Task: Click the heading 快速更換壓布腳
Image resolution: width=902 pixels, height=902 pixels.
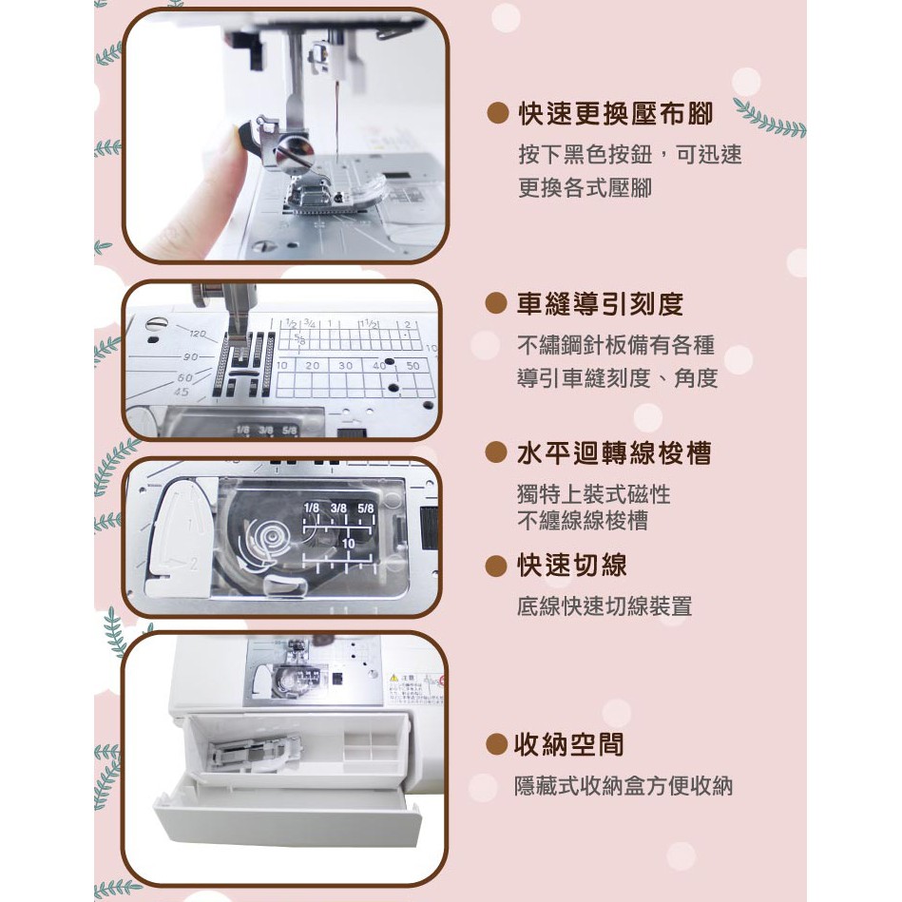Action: (x=616, y=113)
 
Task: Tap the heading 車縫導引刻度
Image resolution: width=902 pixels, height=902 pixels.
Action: (x=600, y=304)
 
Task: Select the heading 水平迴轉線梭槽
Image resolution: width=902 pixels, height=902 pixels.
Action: (x=614, y=453)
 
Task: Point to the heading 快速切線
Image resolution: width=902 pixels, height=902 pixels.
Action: (x=572, y=565)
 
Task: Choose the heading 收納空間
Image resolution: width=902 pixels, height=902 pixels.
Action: (x=569, y=744)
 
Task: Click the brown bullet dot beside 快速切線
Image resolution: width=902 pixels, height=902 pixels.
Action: (x=496, y=566)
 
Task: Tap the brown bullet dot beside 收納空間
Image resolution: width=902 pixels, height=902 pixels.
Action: (x=496, y=744)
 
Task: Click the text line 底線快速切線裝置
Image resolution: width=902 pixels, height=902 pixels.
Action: (x=604, y=606)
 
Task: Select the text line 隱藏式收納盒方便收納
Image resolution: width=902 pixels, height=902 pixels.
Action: (x=624, y=786)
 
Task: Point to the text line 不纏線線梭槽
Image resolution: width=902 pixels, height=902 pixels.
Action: (x=583, y=521)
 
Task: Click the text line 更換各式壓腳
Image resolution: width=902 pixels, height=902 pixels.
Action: (x=585, y=188)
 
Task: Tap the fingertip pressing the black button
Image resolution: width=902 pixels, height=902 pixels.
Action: (x=230, y=141)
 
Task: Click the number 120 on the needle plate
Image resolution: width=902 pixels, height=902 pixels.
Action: (x=198, y=334)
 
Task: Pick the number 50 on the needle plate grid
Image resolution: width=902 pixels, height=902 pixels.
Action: (x=413, y=365)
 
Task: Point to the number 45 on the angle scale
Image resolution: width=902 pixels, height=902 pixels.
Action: (x=182, y=392)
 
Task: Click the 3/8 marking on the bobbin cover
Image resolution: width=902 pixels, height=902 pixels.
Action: (x=338, y=508)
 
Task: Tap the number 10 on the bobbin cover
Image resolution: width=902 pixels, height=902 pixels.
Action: (x=349, y=543)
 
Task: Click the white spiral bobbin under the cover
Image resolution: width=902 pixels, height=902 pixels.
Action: (x=266, y=539)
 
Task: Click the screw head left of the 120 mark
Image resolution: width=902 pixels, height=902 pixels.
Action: (x=153, y=324)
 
